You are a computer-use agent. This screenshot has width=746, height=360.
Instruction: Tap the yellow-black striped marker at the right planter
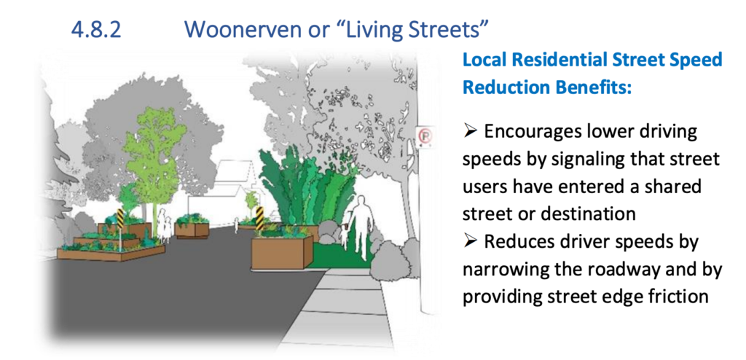coord(259,218)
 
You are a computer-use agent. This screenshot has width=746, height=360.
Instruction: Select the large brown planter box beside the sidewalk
coord(282,251)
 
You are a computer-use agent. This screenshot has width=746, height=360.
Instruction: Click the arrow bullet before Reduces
coord(470,241)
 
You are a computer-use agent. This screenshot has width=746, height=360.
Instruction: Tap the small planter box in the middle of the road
coord(192,229)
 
